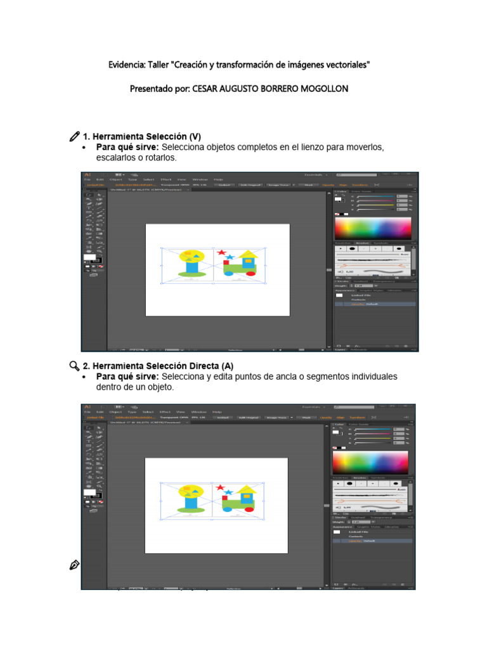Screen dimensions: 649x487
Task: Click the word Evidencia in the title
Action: pos(126,65)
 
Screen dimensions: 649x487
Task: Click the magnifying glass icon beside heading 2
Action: pos(74,366)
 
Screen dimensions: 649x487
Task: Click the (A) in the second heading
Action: pos(228,366)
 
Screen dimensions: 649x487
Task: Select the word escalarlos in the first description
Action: pos(117,157)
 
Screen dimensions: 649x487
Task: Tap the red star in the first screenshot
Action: pos(221,254)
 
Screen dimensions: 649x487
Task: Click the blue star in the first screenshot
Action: pos(229,258)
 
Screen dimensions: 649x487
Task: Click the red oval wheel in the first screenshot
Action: pos(249,274)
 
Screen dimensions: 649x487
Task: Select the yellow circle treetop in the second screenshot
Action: pos(190,490)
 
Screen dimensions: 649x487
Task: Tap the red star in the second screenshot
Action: pos(220,488)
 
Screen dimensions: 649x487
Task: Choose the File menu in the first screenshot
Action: pos(89,179)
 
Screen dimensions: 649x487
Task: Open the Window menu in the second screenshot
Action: pos(199,411)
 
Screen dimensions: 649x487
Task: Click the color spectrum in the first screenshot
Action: pos(373,228)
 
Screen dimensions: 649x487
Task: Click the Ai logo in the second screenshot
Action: pos(88,406)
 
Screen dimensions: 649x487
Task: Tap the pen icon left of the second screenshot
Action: pos(74,565)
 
